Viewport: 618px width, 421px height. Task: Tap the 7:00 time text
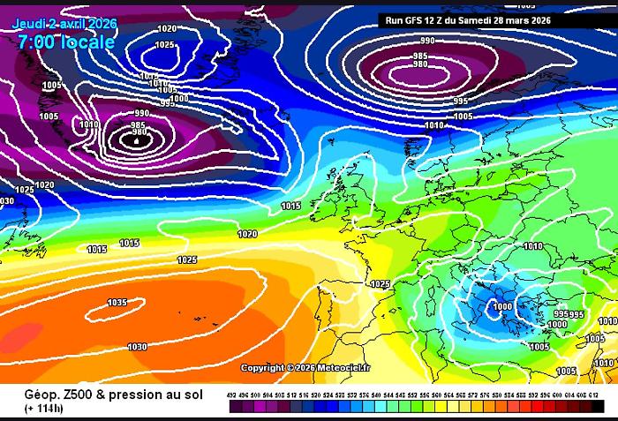(35, 41)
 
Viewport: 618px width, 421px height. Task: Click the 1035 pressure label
(117, 303)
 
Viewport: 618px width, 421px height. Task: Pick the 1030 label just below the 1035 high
(137, 347)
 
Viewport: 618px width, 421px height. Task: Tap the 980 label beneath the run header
(420, 64)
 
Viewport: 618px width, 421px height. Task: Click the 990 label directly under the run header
(427, 41)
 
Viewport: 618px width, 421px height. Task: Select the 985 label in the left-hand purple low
(139, 125)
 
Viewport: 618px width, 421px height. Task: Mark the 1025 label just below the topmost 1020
(164, 44)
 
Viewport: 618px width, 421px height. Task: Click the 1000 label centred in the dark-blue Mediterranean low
(501, 306)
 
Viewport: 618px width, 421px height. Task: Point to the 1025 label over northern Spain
(380, 284)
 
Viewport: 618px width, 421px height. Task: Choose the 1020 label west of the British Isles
(247, 234)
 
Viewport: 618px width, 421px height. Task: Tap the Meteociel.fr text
(345, 367)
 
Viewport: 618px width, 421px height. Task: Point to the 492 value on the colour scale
(232, 395)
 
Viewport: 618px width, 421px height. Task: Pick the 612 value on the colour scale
(593, 395)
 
